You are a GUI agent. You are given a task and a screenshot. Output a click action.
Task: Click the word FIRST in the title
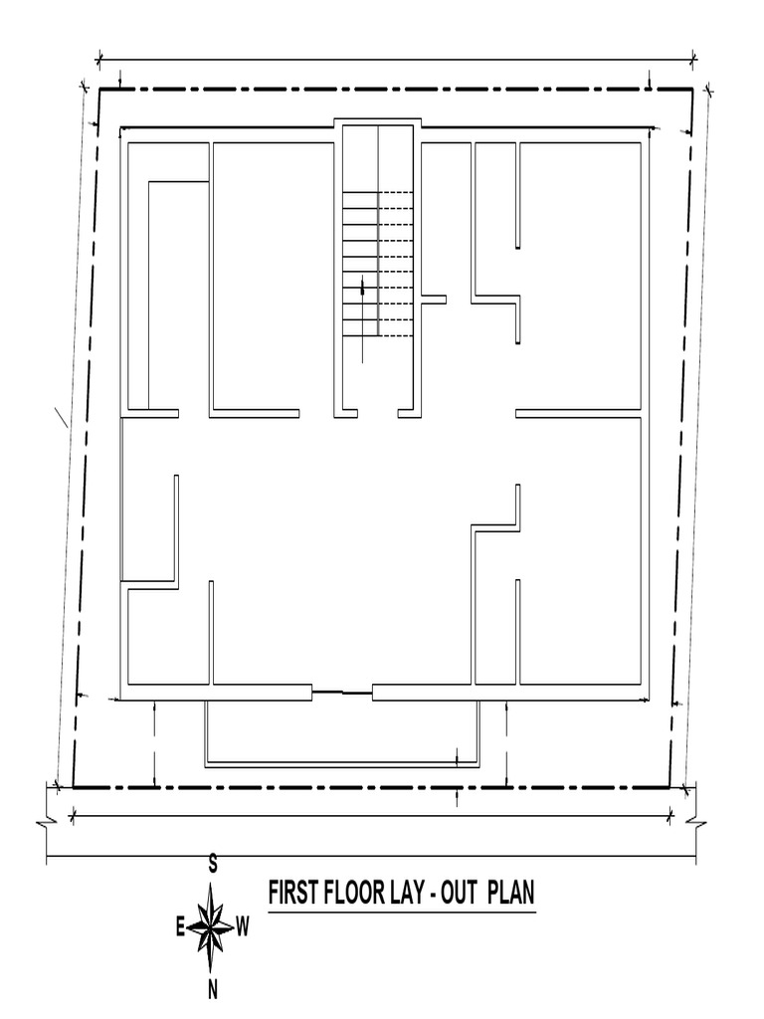(x=289, y=893)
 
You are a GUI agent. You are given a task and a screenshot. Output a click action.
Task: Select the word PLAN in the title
(x=511, y=893)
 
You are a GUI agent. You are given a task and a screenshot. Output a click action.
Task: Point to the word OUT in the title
(x=460, y=893)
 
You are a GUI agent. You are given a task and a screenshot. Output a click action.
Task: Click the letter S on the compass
(x=213, y=865)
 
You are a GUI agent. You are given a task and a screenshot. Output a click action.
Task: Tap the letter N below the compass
(x=213, y=990)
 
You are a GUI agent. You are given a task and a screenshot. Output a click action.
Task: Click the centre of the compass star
(x=212, y=926)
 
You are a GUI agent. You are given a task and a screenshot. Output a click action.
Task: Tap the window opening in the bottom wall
(x=342, y=693)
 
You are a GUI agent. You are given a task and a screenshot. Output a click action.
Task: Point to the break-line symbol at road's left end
(x=48, y=822)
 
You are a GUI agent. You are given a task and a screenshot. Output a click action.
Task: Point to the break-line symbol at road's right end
(x=695, y=822)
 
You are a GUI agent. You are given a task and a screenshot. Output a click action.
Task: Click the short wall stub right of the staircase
(x=434, y=299)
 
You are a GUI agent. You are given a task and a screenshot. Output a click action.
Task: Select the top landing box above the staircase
(x=377, y=123)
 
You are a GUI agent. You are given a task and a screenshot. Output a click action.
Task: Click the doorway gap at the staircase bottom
(x=377, y=413)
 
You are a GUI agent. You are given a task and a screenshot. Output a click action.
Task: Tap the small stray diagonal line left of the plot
(x=61, y=417)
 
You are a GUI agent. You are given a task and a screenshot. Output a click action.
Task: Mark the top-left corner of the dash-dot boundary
(x=98, y=89)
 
